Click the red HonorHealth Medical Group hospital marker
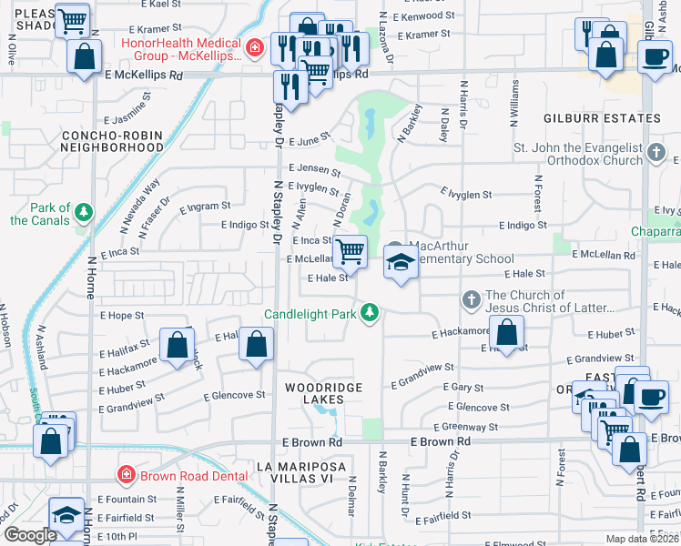(258, 46)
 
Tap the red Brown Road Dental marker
(127, 475)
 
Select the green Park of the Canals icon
(84, 212)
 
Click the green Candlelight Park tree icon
(369, 313)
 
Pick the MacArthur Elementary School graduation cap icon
(397, 262)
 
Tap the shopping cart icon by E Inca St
(351, 251)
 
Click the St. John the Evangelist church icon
(656, 154)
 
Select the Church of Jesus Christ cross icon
(471, 299)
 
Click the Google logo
(30, 535)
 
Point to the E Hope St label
(125, 316)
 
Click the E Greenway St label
(466, 426)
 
